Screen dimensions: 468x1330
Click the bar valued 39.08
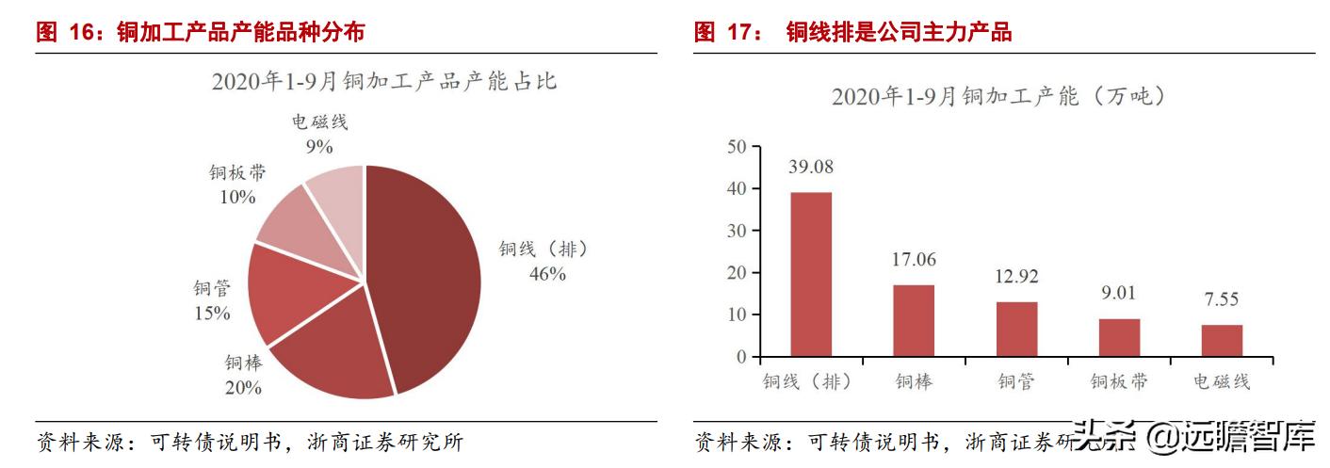click(810, 274)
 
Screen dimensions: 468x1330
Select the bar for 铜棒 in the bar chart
click(913, 320)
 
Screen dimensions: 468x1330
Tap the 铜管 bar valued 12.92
click(1016, 329)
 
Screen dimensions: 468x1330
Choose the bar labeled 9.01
click(1119, 337)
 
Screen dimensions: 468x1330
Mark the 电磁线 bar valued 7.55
click(1222, 340)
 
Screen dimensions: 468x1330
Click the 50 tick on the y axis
click(737, 146)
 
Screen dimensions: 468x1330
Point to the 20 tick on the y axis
click(737, 273)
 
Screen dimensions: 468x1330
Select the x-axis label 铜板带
click(1119, 382)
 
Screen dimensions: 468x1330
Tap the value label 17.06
click(914, 259)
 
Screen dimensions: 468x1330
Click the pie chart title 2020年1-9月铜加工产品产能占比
click(384, 82)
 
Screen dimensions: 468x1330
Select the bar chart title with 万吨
click(999, 96)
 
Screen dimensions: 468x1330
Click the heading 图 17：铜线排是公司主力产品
click(852, 33)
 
